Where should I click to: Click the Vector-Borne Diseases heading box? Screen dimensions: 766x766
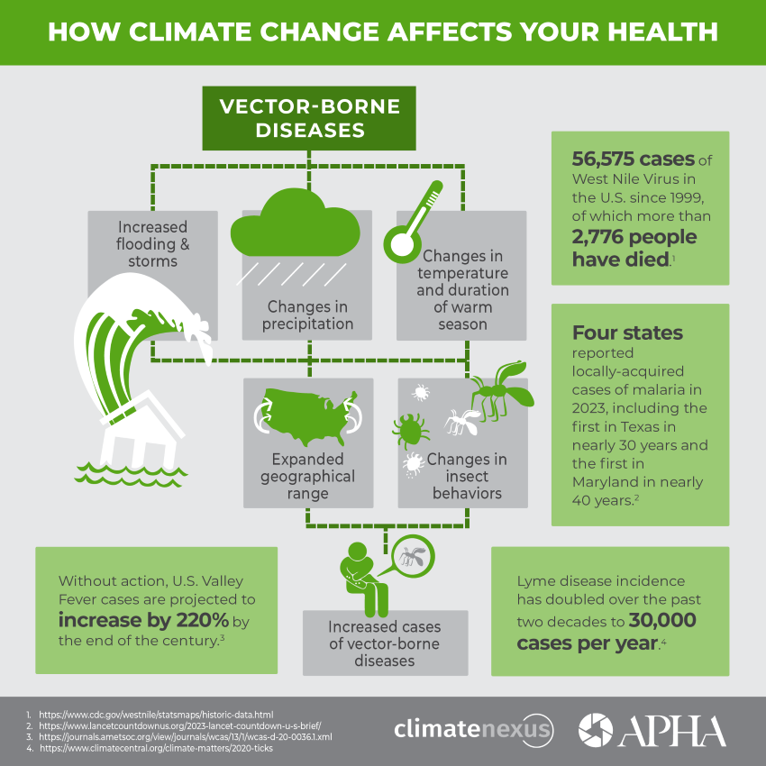pyautogui.click(x=309, y=117)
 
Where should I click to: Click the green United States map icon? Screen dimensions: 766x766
pyautogui.click(x=309, y=413)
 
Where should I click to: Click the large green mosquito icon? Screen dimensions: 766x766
pyautogui.click(x=498, y=389)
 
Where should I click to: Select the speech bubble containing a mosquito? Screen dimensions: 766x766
pyautogui.click(x=409, y=555)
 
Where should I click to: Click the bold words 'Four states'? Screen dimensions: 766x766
pyautogui.click(x=627, y=333)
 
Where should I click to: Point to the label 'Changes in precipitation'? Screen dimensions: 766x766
pyautogui.click(x=307, y=315)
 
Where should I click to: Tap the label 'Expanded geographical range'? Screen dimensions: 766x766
pyautogui.click(x=308, y=476)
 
